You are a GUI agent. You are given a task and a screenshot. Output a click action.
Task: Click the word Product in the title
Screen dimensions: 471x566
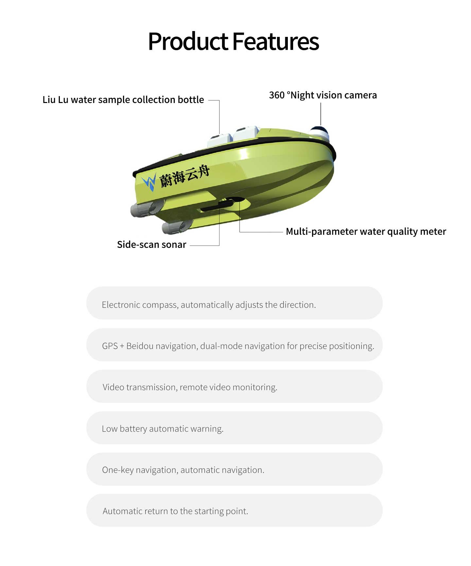point(188,42)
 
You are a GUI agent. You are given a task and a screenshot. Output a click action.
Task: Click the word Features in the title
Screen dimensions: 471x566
point(275,42)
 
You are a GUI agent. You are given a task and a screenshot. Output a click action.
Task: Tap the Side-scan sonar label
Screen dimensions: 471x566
point(151,245)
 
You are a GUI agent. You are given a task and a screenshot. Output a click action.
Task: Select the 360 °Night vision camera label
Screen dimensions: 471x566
point(323,95)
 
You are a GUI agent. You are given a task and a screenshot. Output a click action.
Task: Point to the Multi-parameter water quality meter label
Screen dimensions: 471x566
point(366,232)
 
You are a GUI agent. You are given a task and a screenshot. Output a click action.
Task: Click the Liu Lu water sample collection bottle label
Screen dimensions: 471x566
point(123,100)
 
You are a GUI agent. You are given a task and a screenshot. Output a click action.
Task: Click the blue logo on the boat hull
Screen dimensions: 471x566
point(149,182)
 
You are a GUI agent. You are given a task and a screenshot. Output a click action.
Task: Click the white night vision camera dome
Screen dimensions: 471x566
point(320,132)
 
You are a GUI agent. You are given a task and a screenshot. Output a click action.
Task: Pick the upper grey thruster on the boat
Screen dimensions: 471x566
point(147,208)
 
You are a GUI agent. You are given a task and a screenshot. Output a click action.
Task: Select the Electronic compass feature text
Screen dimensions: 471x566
point(209,305)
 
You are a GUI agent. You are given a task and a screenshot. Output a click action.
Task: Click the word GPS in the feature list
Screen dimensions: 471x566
point(110,346)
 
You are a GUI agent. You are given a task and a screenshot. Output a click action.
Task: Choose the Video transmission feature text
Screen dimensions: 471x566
point(190,387)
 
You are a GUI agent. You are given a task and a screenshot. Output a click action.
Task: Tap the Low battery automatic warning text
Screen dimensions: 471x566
point(163,429)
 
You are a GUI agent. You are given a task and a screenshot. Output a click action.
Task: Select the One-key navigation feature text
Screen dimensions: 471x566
point(183,470)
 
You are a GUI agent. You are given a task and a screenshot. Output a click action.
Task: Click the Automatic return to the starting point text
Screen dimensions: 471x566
point(175,511)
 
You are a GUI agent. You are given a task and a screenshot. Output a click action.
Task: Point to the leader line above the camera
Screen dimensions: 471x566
point(321,114)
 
